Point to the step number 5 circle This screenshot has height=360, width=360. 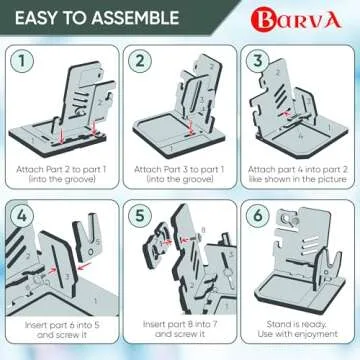[140, 215]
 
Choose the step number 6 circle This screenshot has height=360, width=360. [257, 215]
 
